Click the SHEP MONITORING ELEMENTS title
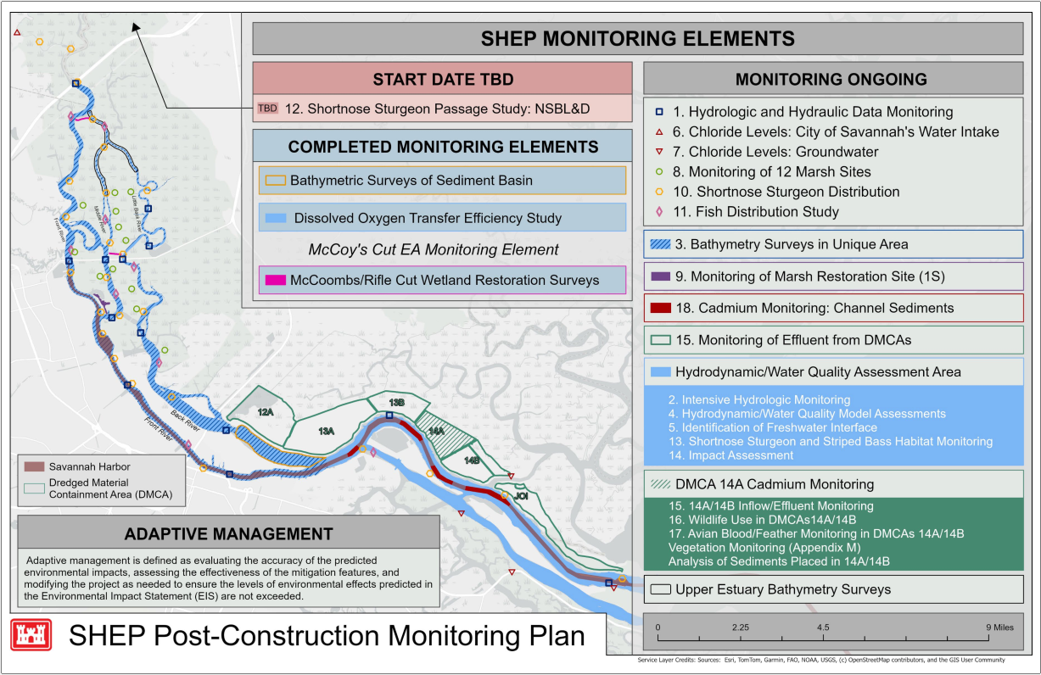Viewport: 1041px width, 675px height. click(x=637, y=39)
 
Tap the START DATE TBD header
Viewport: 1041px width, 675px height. click(x=443, y=80)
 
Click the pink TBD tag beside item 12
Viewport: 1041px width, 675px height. click(x=267, y=109)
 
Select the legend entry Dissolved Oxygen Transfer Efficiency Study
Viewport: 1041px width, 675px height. click(x=428, y=218)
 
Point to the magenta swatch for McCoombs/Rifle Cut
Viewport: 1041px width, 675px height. click(x=275, y=280)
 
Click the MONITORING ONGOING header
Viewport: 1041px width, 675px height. click(x=831, y=80)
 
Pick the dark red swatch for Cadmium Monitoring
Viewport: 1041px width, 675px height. click(x=658, y=309)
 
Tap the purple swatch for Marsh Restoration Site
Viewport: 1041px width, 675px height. click(x=658, y=276)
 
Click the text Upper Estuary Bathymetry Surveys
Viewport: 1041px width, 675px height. click(x=782, y=589)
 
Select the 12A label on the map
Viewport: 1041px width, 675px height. click(x=266, y=412)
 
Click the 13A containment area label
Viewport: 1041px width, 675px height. click(x=327, y=431)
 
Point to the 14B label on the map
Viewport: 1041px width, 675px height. click(x=472, y=460)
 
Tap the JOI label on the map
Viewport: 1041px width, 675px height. click(x=522, y=495)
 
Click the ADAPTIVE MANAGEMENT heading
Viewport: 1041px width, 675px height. click(x=228, y=533)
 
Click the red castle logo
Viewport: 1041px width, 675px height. click(x=31, y=635)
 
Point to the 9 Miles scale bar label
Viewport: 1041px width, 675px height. click(x=998, y=627)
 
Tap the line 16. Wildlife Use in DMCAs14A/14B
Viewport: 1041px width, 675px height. click(x=762, y=519)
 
